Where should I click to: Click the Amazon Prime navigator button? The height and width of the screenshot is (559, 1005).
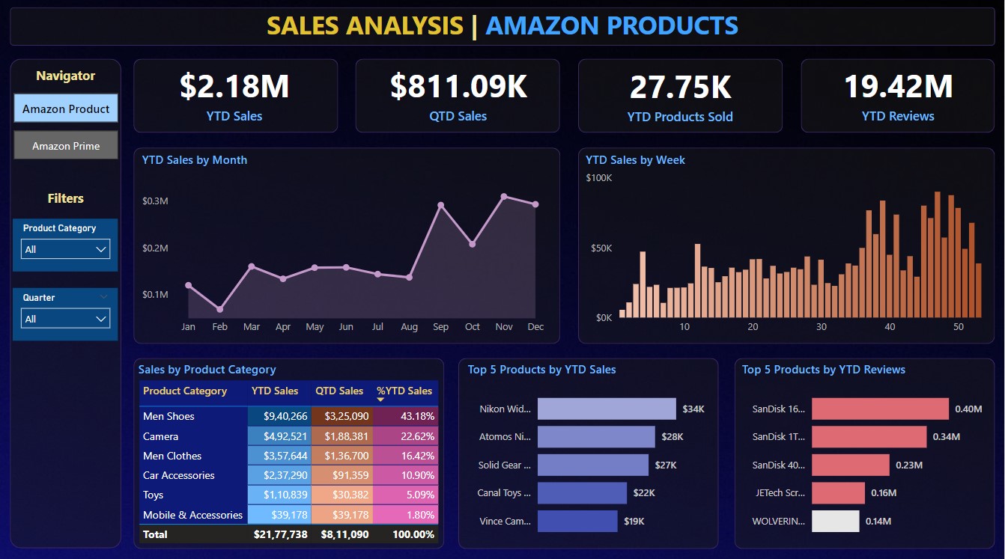66,145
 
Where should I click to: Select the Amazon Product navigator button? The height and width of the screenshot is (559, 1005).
66,109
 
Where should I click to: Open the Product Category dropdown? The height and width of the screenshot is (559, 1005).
65,249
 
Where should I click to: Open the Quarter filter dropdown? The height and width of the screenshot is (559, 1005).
65,319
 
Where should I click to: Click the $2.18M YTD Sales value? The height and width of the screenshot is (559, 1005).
234,86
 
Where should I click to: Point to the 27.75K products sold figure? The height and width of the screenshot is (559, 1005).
680,87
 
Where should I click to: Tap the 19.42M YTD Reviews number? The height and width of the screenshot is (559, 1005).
898,86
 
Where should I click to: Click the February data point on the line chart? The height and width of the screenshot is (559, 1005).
220,309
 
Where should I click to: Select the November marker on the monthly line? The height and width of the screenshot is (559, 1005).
504,197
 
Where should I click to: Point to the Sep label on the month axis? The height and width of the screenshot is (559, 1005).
440,327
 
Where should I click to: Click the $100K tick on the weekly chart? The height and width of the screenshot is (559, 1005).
598,178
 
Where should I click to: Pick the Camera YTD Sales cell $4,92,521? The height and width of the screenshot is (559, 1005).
279,436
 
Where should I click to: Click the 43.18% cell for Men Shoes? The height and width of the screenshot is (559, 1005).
407,416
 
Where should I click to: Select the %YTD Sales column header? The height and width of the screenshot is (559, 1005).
404,391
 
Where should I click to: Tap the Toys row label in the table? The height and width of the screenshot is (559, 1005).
154,495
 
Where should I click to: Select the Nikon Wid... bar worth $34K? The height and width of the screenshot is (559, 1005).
607,409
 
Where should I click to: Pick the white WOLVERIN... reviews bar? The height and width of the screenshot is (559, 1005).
835,521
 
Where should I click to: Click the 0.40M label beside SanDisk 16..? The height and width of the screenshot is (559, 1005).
968,409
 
